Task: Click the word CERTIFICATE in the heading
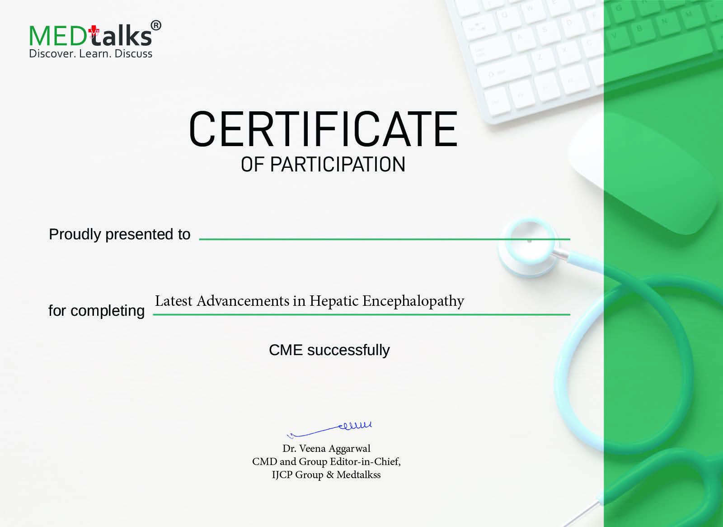pos(323,129)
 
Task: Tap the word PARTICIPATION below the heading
pos(337,165)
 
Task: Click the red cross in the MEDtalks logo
pos(94,31)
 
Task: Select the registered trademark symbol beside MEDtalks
pos(155,26)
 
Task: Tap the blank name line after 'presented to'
pos(384,238)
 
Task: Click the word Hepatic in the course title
pos(334,301)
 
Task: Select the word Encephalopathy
pos(413,301)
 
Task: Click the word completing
pos(108,311)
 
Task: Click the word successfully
pos(348,351)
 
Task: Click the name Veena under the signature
pos(312,448)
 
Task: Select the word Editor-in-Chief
pos(365,461)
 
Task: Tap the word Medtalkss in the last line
pos(358,475)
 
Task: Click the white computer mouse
pos(642,172)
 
